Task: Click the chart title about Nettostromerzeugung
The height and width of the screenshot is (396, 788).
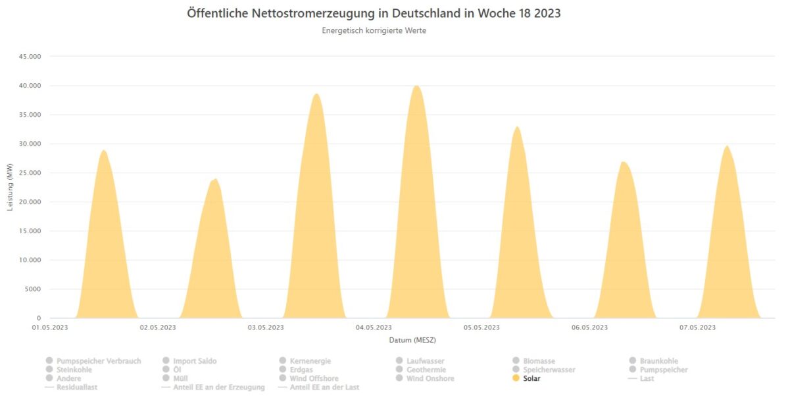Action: click(x=374, y=13)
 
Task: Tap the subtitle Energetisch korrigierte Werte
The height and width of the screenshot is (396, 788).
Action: click(x=374, y=30)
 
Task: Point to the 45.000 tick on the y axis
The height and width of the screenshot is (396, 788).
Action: click(x=29, y=57)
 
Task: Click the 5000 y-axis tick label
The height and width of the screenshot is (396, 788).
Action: click(x=32, y=289)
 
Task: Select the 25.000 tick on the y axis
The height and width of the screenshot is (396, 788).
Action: click(x=29, y=173)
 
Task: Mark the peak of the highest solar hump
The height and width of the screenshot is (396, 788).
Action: click(x=416, y=86)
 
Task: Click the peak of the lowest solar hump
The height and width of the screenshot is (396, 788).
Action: click(x=214, y=179)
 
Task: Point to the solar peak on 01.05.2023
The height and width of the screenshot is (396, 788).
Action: click(x=103, y=150)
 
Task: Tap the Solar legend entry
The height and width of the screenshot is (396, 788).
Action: click(x=531, y=378)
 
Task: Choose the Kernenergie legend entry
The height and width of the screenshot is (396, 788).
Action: click(x=310, y=361)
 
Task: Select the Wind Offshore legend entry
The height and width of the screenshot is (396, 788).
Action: click(x=314, y=378)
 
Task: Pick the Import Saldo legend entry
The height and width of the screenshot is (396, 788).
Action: click(x=195, y=361)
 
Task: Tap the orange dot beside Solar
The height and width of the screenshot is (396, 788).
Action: click(x=516, y=378)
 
